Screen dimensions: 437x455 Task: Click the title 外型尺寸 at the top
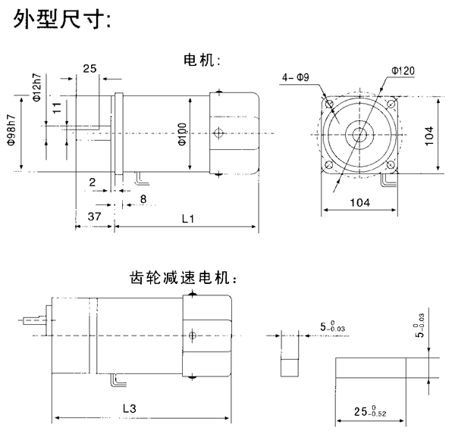[62, 20]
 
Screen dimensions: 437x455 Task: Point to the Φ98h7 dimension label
[12, 133]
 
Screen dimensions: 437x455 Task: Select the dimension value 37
[95, 217]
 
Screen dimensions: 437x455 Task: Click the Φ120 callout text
[403, 70]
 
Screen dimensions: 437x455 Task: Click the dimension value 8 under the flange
[143, 199]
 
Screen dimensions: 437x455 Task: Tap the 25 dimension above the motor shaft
[89, 69]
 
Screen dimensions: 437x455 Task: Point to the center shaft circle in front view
[359, 135]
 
